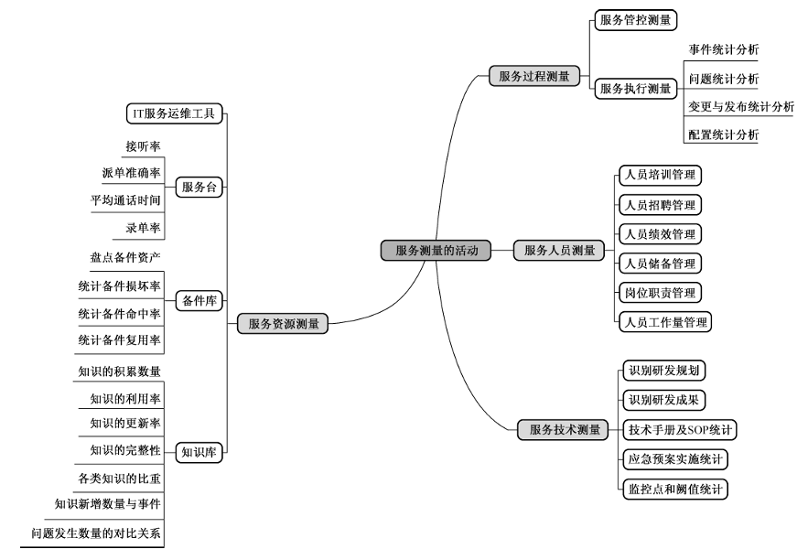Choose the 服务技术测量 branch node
point(565,428)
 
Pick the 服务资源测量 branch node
point(284,323)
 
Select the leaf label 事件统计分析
point(723,48)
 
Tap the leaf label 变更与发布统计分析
point(741,107)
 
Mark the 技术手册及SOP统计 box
point(681,429)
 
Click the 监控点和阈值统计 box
point(674,489)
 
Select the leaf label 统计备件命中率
point(119,314)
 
